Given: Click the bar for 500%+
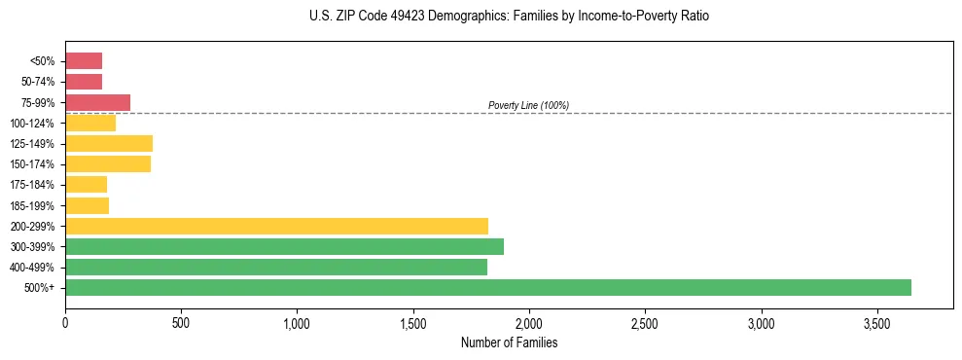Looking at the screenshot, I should pos(488,287).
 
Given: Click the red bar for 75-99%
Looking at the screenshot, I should pos(97,102).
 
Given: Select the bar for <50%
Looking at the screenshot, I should pos(84,61).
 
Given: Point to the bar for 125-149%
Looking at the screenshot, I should pos(109,144).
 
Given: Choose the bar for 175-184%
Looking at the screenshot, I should pos(86,185).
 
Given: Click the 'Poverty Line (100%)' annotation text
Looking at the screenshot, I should pos(528,105).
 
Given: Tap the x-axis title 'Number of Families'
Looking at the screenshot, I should pos(509,342).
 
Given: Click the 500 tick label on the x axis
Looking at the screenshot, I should pos(181,323).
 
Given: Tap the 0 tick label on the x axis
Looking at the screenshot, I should pos(65,323).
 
